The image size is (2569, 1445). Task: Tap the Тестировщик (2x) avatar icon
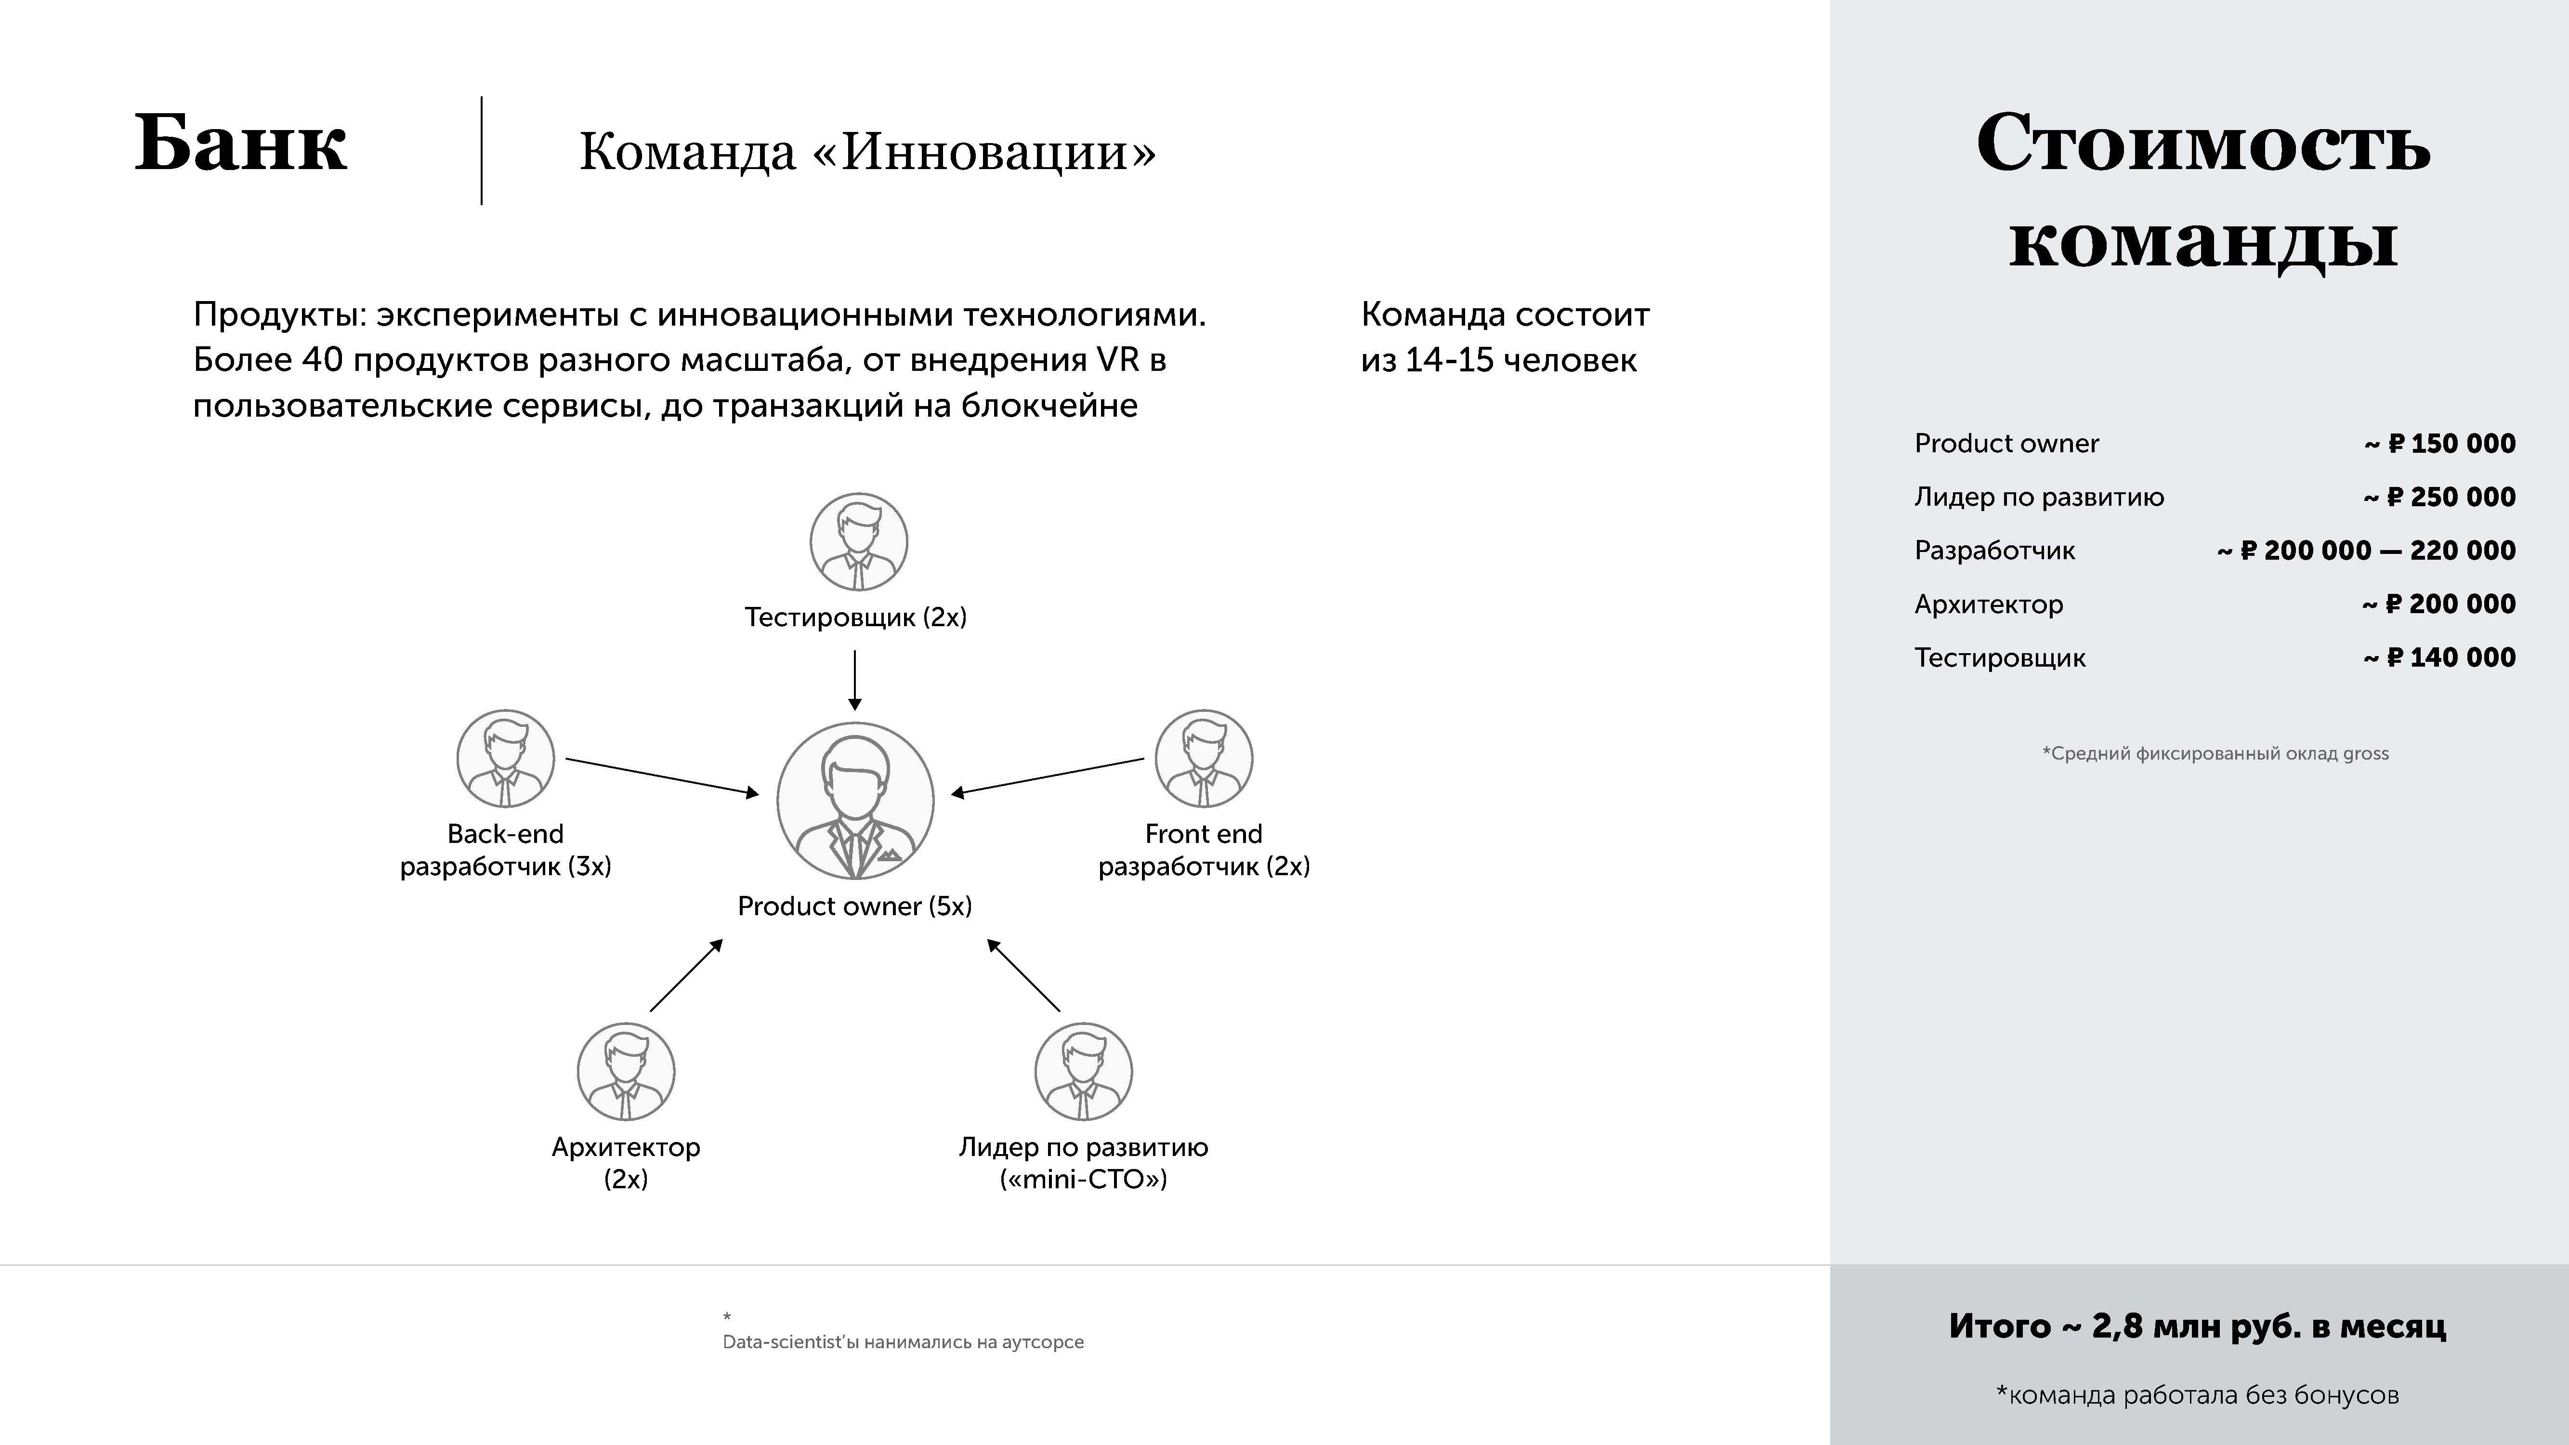[858, 541]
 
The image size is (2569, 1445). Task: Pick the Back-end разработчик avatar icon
[506, 758]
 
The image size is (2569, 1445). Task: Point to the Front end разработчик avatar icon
[1204, 758]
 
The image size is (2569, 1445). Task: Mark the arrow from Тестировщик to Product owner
[855, 680]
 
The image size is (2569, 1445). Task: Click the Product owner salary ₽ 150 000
[2451, 444]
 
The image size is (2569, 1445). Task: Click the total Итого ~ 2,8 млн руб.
[2197, 1327]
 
